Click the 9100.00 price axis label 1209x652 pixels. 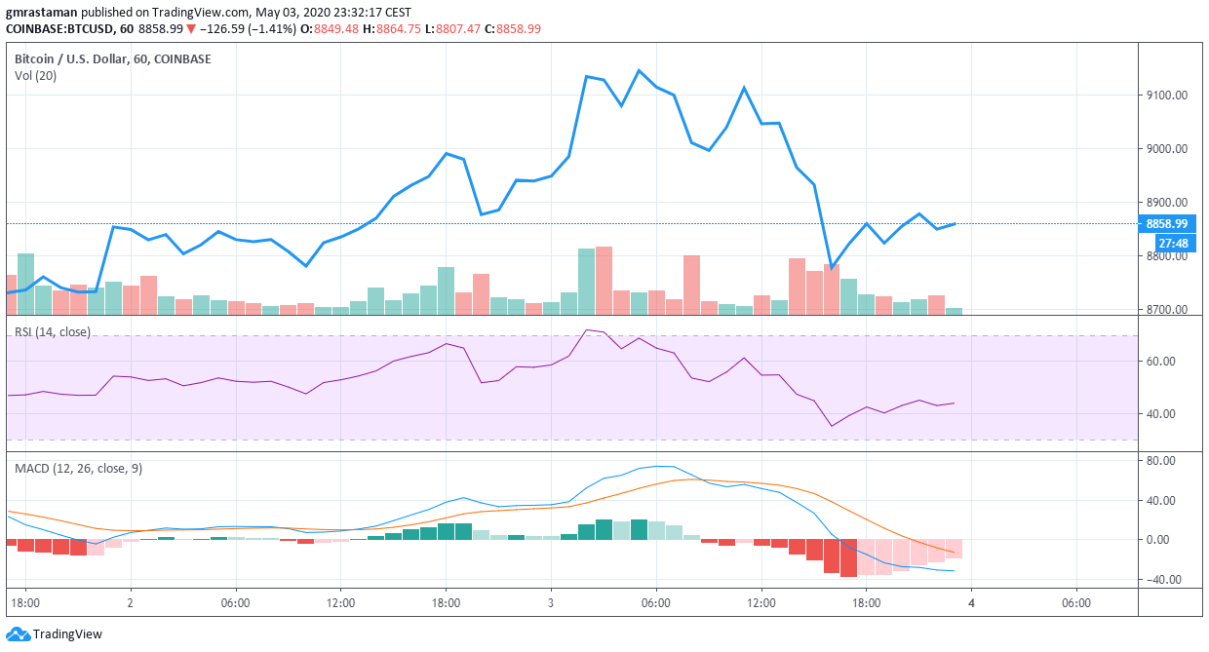click(1166, 96)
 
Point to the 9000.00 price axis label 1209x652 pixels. click(1166, 149)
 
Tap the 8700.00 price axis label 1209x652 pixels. click(1166, 310)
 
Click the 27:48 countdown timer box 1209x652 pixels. click(1173, 243)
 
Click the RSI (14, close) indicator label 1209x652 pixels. click(52, 332)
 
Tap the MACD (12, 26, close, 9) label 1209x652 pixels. click(78, 469)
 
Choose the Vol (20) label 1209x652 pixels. click(35, 76)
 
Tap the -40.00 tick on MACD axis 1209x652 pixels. click(1159, 580)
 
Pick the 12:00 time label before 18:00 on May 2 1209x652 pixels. click(340, 603)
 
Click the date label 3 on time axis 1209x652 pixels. click(551, 603)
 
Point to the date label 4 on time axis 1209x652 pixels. click(971, 603)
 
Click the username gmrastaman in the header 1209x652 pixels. click(42, 13)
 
